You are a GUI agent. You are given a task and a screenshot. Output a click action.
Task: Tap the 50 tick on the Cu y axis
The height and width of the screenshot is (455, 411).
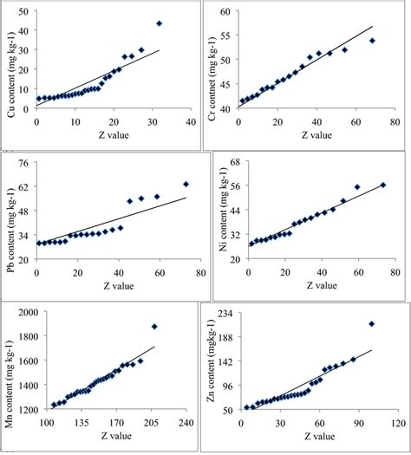click(23, 14)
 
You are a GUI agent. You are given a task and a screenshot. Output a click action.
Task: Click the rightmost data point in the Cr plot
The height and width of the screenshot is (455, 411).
click(373, 41)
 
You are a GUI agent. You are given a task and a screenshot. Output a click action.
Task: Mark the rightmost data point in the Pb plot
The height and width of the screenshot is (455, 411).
click(186, 184)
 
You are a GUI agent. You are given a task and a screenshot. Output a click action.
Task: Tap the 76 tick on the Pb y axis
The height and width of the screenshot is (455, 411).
click(23, 163)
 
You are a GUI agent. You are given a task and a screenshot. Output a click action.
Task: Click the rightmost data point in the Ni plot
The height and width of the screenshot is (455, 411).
click(383, 185)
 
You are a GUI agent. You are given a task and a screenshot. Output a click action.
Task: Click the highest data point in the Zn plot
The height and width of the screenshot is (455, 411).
click(371, 324)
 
